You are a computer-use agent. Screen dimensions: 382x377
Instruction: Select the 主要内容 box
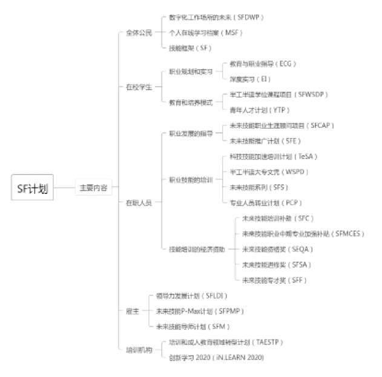click(x=93, y=188)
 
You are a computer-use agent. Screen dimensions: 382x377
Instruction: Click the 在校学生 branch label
click(x=138, y=87)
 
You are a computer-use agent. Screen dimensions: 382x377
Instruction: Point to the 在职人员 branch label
click(x=138, y=202)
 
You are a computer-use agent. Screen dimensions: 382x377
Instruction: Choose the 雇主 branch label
click(x=131, y=310)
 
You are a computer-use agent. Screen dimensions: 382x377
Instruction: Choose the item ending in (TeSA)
click(x=274, y=156)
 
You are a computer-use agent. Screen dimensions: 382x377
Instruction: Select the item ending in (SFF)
click(x=274, y=280)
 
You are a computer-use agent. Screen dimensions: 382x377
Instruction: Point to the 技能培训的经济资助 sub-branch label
click(x=196, y=249)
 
